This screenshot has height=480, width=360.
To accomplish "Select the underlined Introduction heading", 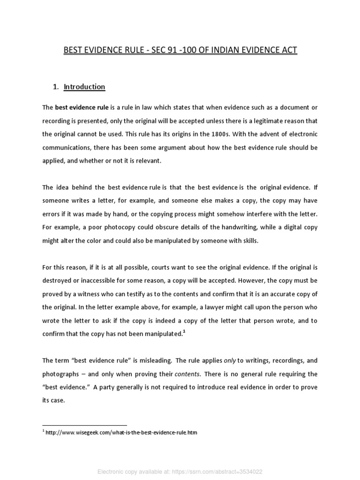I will (x=84, y=87).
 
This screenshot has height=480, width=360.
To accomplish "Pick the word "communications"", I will (x=64, y=147).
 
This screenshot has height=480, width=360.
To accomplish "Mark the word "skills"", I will (x=247, y=240).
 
